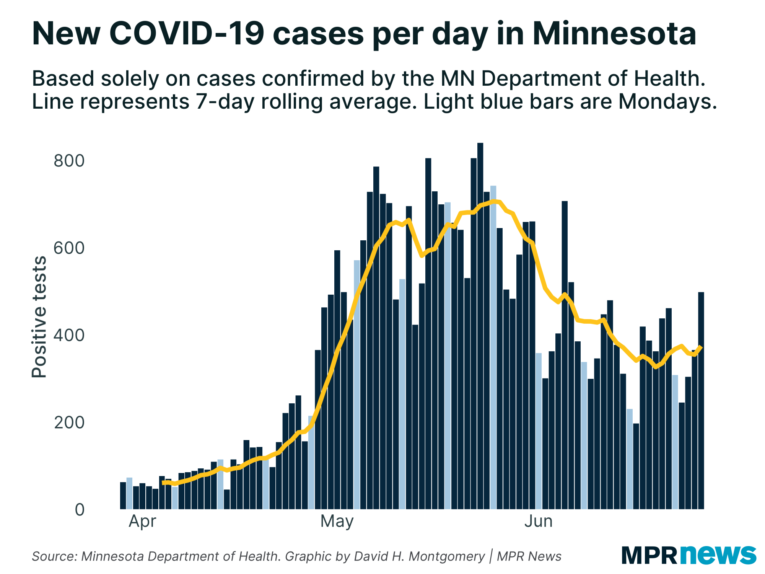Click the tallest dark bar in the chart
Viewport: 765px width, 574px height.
coord(480,325)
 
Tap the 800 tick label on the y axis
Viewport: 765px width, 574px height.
coord(69,161)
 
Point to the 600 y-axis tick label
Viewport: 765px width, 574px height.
coord(69,248)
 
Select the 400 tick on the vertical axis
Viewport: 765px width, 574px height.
coord(69,335)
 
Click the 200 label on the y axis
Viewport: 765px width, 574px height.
coord(69,422)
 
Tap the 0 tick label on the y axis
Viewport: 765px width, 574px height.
coord(80,510)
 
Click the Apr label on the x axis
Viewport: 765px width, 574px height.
coord(142,521)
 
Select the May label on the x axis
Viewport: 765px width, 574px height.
coord(337,521)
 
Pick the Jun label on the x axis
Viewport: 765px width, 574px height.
coord(538,521)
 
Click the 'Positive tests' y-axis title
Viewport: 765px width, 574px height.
coord(39,317)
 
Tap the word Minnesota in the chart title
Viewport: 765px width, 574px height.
coord(614,34)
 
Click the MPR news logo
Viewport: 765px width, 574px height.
coord(688,555)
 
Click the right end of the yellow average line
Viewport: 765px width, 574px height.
coord(701,347)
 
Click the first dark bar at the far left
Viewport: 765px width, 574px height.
coord(123,496)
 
